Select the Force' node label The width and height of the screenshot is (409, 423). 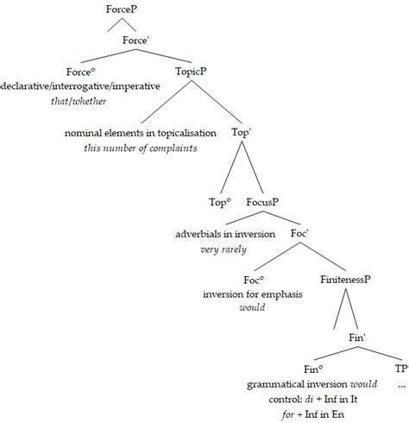137,40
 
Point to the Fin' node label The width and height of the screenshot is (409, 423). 359,338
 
